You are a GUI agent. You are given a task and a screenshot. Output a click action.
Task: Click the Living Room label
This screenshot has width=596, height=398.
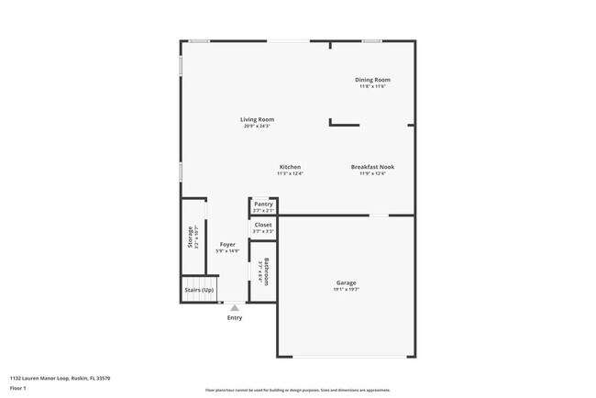click(257, 119)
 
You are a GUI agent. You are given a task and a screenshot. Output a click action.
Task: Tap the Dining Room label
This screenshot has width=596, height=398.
click(372, 80)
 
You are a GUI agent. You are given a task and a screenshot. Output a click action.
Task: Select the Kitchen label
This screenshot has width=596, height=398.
click(290, 167)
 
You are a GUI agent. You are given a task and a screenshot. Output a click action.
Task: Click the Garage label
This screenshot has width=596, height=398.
click(346, 282)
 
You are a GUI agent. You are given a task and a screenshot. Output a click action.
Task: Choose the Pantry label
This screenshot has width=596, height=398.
click(263, 204)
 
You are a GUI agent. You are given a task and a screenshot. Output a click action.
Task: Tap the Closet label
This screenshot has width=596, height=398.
click(263, 225)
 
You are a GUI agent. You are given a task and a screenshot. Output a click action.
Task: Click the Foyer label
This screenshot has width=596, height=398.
click(226, 245)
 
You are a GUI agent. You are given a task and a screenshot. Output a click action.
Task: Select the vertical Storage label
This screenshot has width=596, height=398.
click(191, 237)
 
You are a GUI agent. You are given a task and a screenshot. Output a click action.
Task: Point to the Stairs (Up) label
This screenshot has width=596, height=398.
click(199, 290)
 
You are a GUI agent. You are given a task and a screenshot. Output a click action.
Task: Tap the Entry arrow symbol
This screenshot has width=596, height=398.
click(235, 308)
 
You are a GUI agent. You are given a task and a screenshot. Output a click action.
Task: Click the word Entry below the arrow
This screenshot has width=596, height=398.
click(235, 317)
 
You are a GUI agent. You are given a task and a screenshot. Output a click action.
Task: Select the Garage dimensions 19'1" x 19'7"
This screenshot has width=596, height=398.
click(346, 289)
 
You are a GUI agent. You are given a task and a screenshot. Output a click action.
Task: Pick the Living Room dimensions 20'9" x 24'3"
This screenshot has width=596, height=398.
click(257, 126)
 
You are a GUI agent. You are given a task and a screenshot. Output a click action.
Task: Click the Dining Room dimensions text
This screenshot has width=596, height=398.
click(372, 86)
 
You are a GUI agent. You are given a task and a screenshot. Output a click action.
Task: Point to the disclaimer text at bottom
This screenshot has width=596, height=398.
click(298, 390)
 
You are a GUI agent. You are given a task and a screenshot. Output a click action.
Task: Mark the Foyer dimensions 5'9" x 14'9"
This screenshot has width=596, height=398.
click(226, 251)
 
